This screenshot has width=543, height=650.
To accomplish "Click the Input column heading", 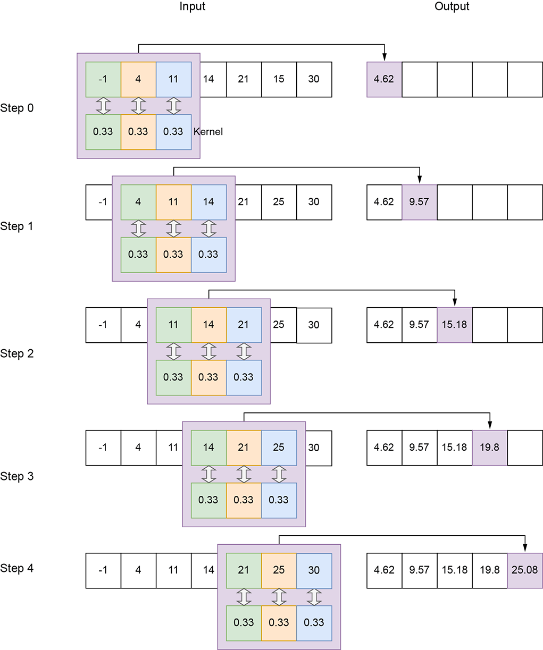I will [192, 7].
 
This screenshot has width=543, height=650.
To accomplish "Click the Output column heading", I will [452, 7].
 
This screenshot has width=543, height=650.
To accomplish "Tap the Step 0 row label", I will [17, 108].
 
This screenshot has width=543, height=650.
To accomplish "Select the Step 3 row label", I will [17, 476].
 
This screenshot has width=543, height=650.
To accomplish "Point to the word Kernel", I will [208, 132].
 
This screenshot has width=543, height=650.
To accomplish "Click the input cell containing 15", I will [279, 79].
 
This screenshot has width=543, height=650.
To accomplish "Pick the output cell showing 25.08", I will [524, 570].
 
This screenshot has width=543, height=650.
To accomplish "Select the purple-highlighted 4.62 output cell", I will [384, 79].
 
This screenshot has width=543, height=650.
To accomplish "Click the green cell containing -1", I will [103, 79].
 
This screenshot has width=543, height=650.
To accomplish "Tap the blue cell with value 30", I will [314, 570].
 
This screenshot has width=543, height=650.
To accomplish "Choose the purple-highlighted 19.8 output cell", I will [489, 448].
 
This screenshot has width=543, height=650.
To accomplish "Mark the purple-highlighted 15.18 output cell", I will [454, 325].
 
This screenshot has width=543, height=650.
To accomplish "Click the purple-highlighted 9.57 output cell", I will [419, 202].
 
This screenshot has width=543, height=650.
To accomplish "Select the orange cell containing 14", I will [208, 325].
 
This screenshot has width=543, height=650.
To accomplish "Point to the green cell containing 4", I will [138, 202].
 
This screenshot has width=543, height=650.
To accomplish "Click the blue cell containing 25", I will [279, 448].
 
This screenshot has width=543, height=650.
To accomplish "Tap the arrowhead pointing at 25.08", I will [525, 548].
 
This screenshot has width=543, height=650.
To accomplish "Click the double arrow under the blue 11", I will [173, 106].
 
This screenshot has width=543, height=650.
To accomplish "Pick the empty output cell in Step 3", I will [524, 448].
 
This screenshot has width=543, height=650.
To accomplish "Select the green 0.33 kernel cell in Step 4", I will [244, 623].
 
